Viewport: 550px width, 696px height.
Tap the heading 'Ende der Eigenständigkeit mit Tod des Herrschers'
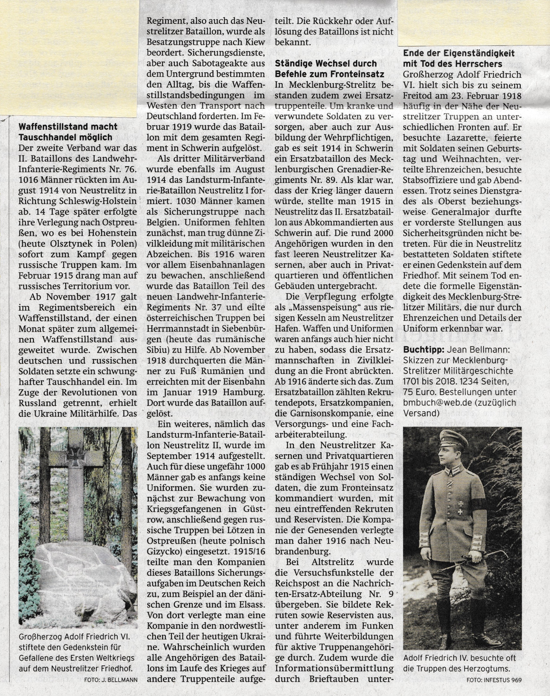459,58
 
